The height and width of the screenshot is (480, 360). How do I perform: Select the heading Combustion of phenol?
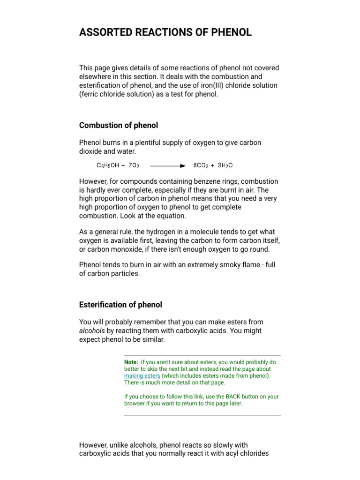click(x=119, y=125)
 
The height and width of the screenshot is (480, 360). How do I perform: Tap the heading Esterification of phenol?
click(x=120, y=305)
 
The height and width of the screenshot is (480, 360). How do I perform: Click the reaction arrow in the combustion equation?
click(x=167, y=165)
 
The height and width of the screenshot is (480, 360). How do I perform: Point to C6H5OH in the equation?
click(x=107, y=165)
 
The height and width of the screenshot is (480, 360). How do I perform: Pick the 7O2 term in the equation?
click(x=134, y=165)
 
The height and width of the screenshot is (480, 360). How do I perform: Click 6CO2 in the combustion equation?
click(x=202, y=165)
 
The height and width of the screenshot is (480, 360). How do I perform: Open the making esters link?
click(x=142, y=376)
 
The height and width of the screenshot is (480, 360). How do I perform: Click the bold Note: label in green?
click(x=131, y=362)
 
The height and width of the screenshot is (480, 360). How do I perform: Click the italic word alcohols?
click(x=92, y=331)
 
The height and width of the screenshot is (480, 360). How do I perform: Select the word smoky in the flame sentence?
click(x=225, y=265)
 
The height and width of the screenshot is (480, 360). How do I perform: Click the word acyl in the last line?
click(x=227, y=454)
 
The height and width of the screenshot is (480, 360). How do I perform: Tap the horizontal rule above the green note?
click(x=202, y=356)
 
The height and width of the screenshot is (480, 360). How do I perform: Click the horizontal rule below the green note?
click(x=202, y=415)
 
